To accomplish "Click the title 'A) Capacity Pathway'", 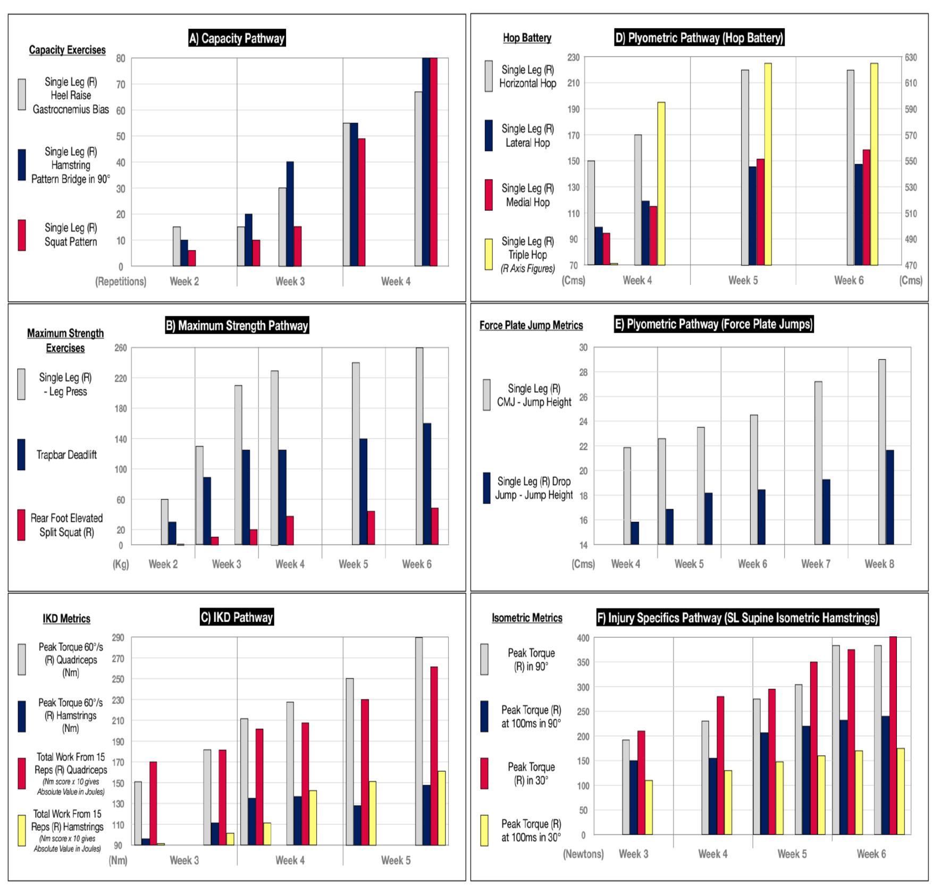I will click(237, 38).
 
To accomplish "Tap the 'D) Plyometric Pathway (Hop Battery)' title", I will click(699, 38).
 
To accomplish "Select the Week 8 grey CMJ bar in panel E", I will click(882, 452).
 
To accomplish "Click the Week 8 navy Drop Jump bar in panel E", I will click(890, 497).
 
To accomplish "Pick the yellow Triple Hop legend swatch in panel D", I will click(489, 254).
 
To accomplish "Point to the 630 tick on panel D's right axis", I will click(911, 57).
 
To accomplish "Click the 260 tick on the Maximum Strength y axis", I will click(121, 348).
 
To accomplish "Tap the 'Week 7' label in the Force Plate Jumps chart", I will click(816, 564).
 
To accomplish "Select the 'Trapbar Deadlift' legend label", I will click(66, 454).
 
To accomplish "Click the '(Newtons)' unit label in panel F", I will click(583, 854).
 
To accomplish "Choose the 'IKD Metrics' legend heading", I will click(66, 619).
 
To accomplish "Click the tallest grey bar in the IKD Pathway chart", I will click(419, 741).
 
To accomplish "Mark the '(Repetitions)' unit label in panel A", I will click(121, 281).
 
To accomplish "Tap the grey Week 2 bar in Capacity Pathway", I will click(177, 247).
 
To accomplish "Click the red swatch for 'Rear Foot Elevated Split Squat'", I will click(21, 525).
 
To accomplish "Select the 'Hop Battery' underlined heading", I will click(527, 38).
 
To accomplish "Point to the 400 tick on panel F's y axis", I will click(583, 638).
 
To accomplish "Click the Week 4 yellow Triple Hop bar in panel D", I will click(661, 183).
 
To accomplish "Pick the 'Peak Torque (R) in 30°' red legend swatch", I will click(484, 773).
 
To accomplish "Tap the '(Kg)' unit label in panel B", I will click(121, 564).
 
